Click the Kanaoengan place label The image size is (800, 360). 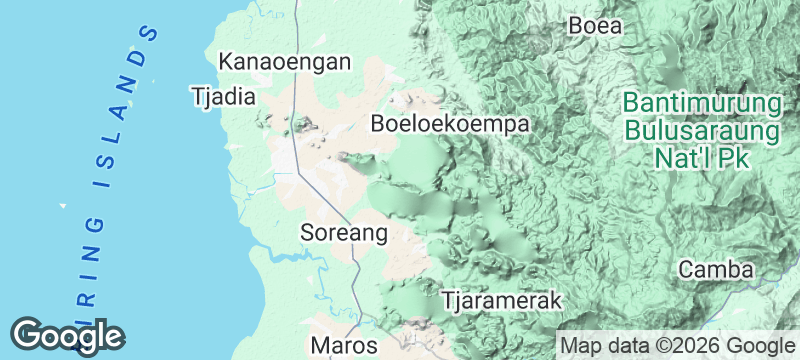pyautogui.click(x=285, y=62)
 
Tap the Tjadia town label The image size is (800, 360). pyautogui.click(x=224, y=97)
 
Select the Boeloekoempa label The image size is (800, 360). pyautogui.click(x=449, y=124)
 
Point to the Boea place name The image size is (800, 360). pyautogui.click(x=595, y=26)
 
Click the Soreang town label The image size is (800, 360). pyautogui.click(x=343, y=233)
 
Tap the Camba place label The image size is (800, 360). pyautogui.click(x=715, y=269)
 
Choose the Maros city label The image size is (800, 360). pyautogui.click(x=344, y=346)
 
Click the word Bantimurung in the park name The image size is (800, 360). pyautogui.click(x=700, y=104)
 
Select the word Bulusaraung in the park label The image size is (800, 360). pyautogui.click(x=701, y=131)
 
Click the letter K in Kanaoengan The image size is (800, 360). pyautogui.click(x=226, y=62)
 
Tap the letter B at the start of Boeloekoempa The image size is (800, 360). pyautogui.click(x=378, y=124)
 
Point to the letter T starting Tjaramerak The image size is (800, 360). pyautogui.click(x=448, y=300)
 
